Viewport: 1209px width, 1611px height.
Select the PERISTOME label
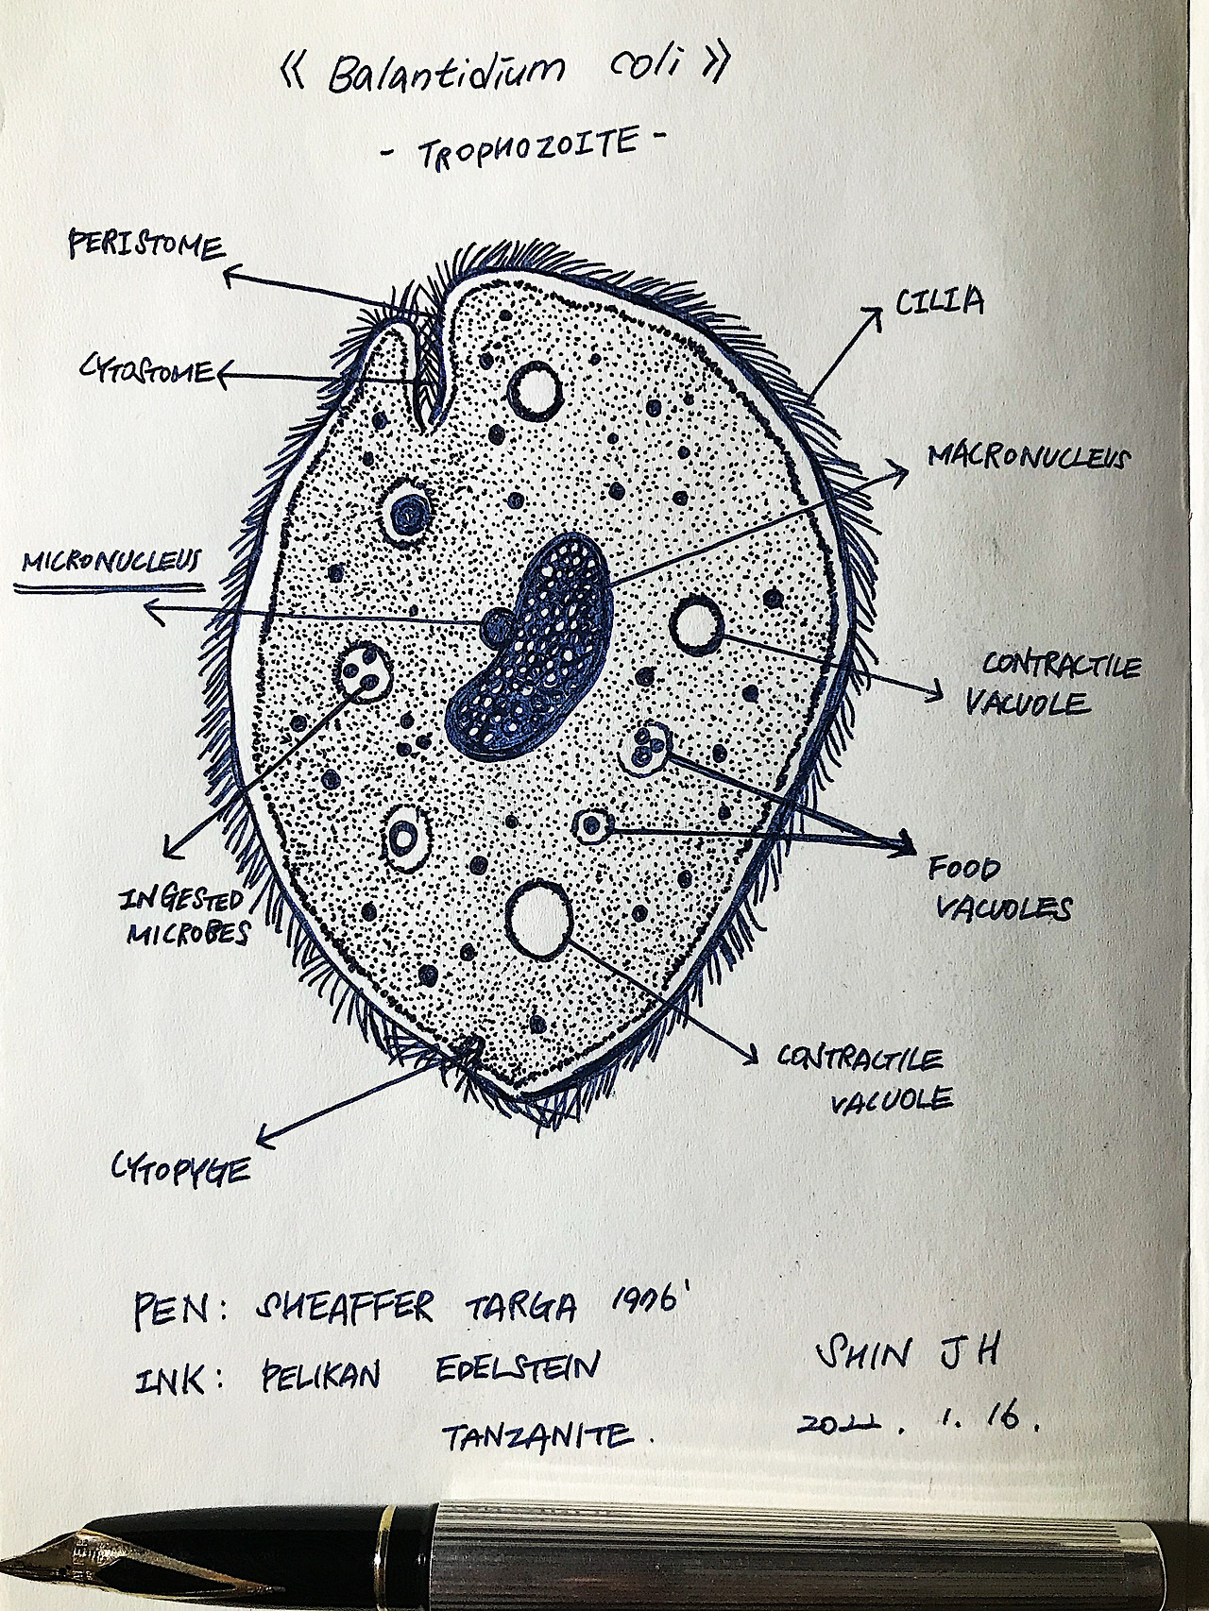[x=145, y=246]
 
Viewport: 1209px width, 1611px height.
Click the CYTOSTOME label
[x=146, y=370]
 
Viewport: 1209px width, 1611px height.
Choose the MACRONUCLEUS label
[x=1028, y=458]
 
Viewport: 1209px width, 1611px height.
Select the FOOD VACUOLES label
[x=1001, y=889]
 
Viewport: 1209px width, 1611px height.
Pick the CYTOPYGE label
[x=181, y=1171]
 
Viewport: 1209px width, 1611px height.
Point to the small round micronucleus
[x=497, y=625]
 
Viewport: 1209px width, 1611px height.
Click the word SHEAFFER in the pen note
[x=344, y=1309]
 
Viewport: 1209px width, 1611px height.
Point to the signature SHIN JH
[x=906, y=1352]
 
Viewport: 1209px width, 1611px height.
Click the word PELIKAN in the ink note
[x=320, y=1375]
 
